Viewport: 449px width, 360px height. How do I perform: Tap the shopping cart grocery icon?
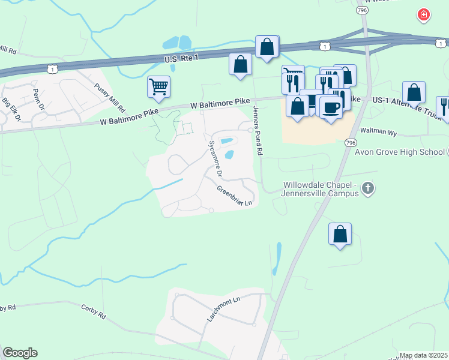click(x=158, y=86)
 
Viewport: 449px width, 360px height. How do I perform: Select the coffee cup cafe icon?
click(x=331, y=107)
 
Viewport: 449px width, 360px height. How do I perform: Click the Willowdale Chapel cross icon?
click(x=369, y=190)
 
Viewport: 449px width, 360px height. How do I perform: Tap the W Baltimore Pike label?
click(x=219, y=104)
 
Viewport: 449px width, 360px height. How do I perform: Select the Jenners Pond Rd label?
click(x=258, y=131)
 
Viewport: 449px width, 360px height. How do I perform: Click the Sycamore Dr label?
click(x=214, y=159)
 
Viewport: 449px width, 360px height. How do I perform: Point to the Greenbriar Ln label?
click(x=237, y=196)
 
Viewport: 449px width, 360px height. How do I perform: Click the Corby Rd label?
click(x=93, y=311)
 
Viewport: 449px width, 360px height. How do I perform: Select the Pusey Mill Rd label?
click(x=109, y=98)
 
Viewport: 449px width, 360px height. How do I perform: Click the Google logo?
click(x=20, y=353)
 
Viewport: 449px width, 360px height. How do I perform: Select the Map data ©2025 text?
click(x=423, y=355)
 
